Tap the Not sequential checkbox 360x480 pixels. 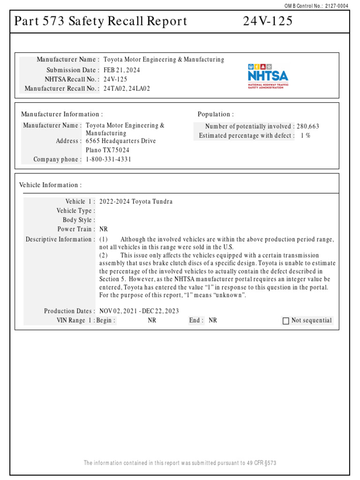coord(286,321)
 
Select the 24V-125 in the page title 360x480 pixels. coord(268,21)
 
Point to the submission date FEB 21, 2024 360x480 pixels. coord(121,70)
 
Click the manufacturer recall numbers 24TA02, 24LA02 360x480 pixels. coord(127,89)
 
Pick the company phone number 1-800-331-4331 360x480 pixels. coord(109,159)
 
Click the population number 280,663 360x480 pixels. coord(308,126)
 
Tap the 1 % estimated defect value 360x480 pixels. coord(305,135)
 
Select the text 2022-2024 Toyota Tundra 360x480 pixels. coord(136,202)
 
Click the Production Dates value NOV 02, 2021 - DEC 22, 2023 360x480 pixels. coord(139,311)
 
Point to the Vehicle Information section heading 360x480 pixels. coord(50,185)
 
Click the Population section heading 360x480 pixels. coord(216,114)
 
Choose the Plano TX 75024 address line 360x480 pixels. coord(108,150)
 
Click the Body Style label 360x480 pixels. coord(79,220)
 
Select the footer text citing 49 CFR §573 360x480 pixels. coord(180,463)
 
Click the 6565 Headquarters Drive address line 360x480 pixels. coord(121,141)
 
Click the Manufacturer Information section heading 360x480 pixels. coord(62,114)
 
